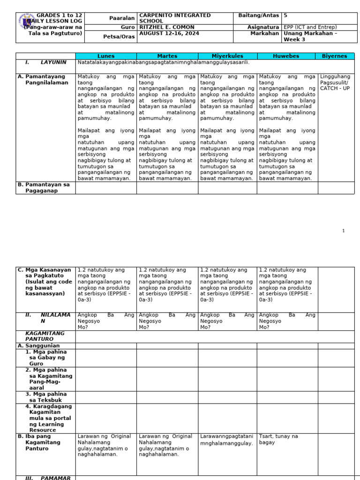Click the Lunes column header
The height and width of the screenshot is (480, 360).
106,56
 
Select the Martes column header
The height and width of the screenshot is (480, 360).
167,56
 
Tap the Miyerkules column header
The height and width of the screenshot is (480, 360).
227,56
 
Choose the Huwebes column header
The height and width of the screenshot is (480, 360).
287,56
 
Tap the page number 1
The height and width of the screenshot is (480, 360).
343,231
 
